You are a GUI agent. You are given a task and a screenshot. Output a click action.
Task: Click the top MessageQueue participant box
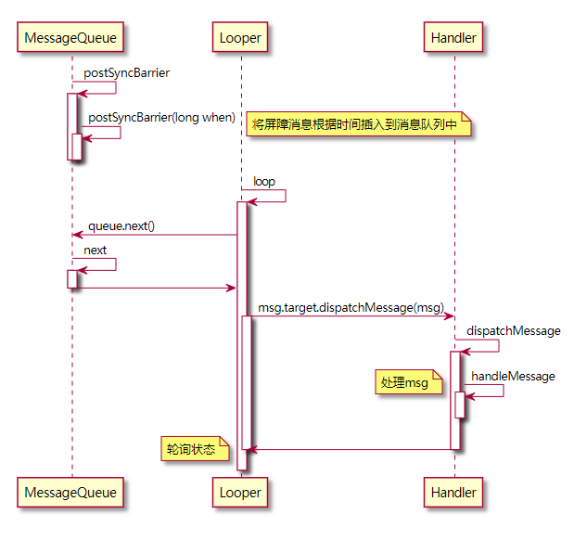[71, 38]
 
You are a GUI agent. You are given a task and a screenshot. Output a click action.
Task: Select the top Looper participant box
[240, 38]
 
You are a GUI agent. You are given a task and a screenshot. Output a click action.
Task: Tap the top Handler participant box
[453, 38]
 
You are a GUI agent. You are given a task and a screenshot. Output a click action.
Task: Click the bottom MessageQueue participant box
[71, 492]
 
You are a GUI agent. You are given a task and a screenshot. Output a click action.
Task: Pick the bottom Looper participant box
[240, 492]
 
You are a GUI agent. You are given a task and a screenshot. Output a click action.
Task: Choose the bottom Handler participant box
[453, 492]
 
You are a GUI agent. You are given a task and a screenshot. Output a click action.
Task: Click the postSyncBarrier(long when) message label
[161, 117]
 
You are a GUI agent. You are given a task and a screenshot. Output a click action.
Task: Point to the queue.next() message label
[121, 225]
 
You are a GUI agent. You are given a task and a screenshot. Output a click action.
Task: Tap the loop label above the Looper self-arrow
[264, 181]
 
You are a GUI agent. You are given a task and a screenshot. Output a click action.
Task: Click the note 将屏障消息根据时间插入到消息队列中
[358, 124]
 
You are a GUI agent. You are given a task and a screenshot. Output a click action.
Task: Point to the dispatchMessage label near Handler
[513, 330]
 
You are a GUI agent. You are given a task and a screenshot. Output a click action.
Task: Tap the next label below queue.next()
[96, 250]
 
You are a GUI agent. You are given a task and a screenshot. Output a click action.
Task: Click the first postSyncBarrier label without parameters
[126, 72]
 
